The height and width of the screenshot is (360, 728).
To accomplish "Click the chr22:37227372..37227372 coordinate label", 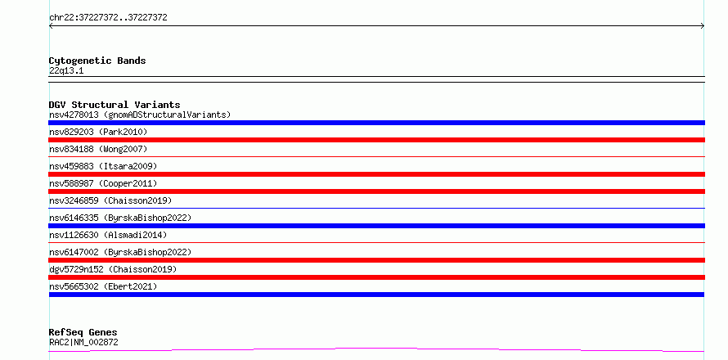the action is [108, 18].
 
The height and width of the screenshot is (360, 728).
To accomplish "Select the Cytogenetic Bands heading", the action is [97, 61].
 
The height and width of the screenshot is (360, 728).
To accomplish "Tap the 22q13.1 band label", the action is [66, 71].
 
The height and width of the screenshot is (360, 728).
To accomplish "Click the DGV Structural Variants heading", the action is [115, 105].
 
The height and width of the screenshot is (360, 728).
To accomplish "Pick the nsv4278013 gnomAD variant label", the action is [140, 115].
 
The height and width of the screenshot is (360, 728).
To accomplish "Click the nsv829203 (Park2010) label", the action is [98, 132].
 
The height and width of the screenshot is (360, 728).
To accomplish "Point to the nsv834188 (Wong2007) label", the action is [98, 149].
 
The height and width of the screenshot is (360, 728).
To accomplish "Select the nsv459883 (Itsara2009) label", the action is [103, 166].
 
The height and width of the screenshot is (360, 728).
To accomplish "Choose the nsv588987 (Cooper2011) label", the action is [103, 183].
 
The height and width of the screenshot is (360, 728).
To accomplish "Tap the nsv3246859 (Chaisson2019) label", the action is [110, 200].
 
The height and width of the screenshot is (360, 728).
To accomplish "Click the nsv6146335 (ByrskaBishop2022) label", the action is [120, 218].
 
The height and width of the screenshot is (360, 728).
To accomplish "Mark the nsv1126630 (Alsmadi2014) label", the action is [108, 235].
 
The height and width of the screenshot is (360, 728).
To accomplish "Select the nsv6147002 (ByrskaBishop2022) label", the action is [120, 252].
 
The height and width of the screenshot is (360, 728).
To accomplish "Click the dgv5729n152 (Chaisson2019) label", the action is [113, 269].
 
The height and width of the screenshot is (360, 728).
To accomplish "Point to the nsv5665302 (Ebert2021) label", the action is [103, 286].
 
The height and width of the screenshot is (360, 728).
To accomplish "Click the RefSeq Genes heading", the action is [83, 332].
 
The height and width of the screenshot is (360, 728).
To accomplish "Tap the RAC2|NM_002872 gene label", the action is [83, 342].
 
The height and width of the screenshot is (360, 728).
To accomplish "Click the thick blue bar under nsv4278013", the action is [376, 123].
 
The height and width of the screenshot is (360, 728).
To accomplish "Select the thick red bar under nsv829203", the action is [376, 140].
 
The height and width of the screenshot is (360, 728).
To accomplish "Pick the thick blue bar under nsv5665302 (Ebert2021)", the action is [376, 295].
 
